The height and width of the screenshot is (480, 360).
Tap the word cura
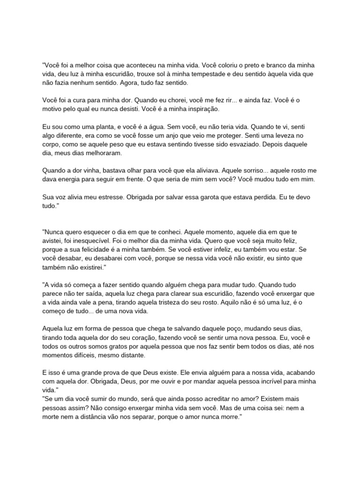pyautogui.click(x=75, y=100)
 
